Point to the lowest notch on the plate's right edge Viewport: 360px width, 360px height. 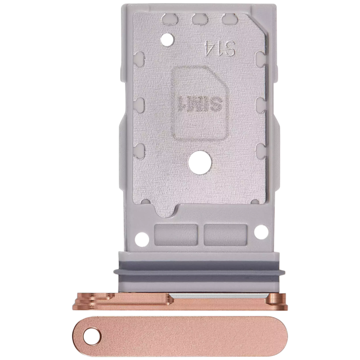click(x=260, y=149)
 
